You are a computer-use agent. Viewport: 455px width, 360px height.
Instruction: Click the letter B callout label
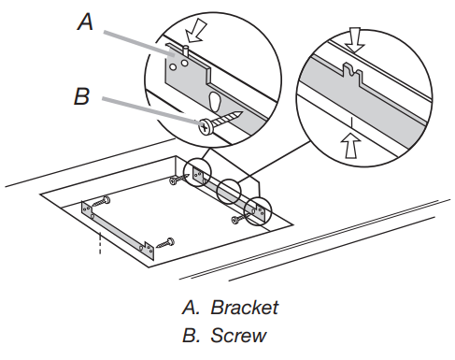coord(83,96)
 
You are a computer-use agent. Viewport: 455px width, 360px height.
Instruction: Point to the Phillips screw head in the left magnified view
coord(205,124)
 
